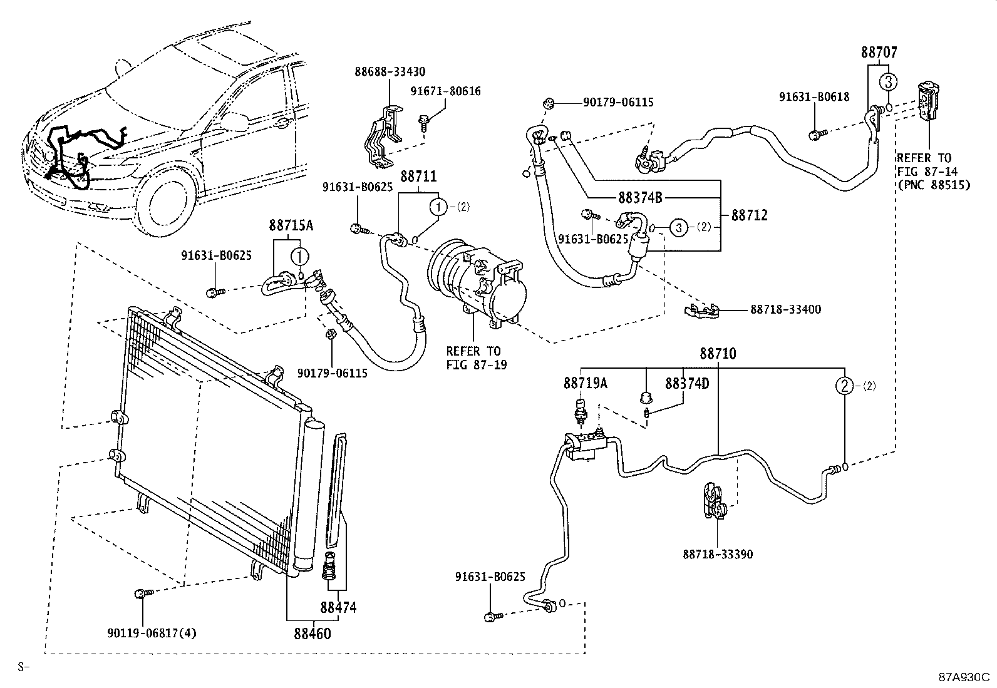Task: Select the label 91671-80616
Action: pos(445,91)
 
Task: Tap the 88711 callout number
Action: pos(418,177)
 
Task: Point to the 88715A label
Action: pos(291,225)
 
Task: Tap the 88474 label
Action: pos(338,607)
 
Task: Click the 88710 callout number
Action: pos(718,354)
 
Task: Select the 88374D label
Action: pos(686,383)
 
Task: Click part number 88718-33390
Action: pos(718,554)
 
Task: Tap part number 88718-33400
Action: pos(785,309)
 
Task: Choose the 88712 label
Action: pos(749,215)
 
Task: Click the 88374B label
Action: pos(640,198)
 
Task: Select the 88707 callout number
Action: pos(879,53)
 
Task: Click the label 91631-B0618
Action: pos(814,96)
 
